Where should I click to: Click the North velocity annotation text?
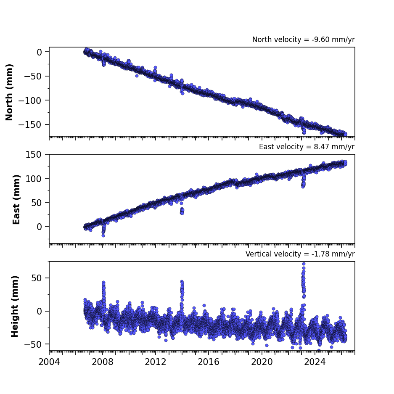(303, 40)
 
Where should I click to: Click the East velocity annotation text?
(307, 147)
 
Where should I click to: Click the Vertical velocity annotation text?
(300, 254)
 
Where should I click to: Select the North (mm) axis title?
(9, 92)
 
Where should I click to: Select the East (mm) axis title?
(16, 199)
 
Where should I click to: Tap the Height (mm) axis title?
(15, 306)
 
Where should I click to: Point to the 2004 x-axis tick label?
(49, 362)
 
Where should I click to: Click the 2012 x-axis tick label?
(156, 362)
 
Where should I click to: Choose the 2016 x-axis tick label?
(209, 362)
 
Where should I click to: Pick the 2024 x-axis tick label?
(315, 362)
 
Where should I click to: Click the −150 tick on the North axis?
(33, 124)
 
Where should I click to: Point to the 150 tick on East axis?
(33, 154)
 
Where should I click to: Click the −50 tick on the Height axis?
(33, 344)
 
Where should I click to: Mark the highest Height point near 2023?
(304, 264)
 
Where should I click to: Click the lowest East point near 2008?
(103, 236)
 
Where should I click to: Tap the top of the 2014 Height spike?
(182, 282)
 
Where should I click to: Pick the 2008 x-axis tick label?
(103, 362)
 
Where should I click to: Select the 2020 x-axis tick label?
(262, 362)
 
